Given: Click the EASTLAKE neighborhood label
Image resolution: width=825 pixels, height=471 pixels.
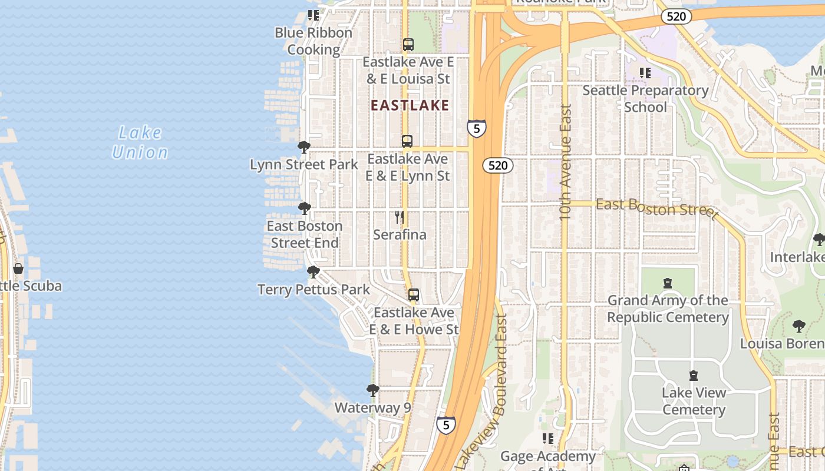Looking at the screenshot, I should [410, 106].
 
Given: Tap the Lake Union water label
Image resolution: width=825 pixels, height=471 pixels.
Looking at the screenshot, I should [140, 142].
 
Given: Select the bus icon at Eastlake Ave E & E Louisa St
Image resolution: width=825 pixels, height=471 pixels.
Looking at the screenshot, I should [408, 45].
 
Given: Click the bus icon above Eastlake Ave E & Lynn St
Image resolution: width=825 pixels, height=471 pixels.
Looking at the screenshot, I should [407, 141].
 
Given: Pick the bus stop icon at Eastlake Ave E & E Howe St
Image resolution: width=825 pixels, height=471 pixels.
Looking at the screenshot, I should [414, 295].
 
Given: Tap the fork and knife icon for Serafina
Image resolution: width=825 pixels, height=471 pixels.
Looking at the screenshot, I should [400, 217].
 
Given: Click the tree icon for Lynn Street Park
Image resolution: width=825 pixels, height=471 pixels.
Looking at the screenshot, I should [304, 147].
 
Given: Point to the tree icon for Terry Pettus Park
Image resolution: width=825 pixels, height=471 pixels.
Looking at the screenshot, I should [313, 272].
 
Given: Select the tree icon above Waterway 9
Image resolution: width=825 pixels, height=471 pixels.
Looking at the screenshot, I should [373, 390].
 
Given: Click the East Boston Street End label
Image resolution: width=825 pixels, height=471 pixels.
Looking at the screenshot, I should [304, 234].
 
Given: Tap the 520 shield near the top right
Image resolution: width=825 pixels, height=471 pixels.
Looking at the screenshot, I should [676, 16].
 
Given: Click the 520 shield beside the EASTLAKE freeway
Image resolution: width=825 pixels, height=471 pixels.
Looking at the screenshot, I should [498, 165].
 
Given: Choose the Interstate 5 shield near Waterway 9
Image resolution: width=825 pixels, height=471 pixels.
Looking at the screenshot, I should [446, 424].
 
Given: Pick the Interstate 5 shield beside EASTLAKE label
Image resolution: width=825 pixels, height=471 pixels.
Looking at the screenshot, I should [477, 128].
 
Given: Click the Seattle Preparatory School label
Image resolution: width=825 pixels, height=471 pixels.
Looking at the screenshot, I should [645, 99].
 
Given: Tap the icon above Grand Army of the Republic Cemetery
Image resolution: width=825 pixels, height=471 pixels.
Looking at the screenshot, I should [668, 284].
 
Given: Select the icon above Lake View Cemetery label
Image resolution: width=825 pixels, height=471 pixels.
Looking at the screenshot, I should [694, 376].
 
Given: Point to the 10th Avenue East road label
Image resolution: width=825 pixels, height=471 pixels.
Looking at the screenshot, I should [566, 162].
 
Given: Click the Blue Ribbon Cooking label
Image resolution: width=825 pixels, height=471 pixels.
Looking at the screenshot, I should [313, 41].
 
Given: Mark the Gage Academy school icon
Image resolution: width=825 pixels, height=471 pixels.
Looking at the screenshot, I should [548, 439].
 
